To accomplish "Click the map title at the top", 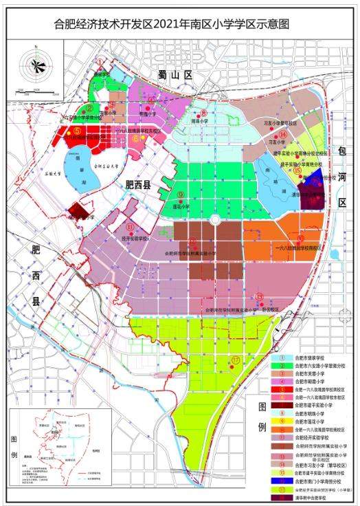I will [x=180, y=24].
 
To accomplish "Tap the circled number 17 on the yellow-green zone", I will [x=235, y=359].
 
